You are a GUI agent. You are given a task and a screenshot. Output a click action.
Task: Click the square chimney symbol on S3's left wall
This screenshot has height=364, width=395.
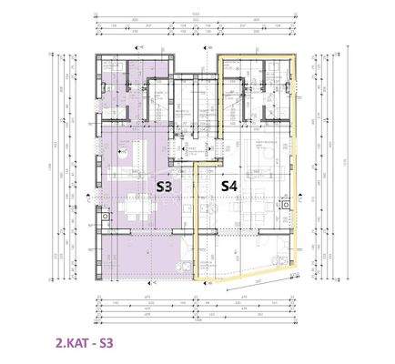(104, 216)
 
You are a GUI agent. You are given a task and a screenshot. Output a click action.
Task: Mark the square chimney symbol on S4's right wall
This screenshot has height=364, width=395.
(286, 206)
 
